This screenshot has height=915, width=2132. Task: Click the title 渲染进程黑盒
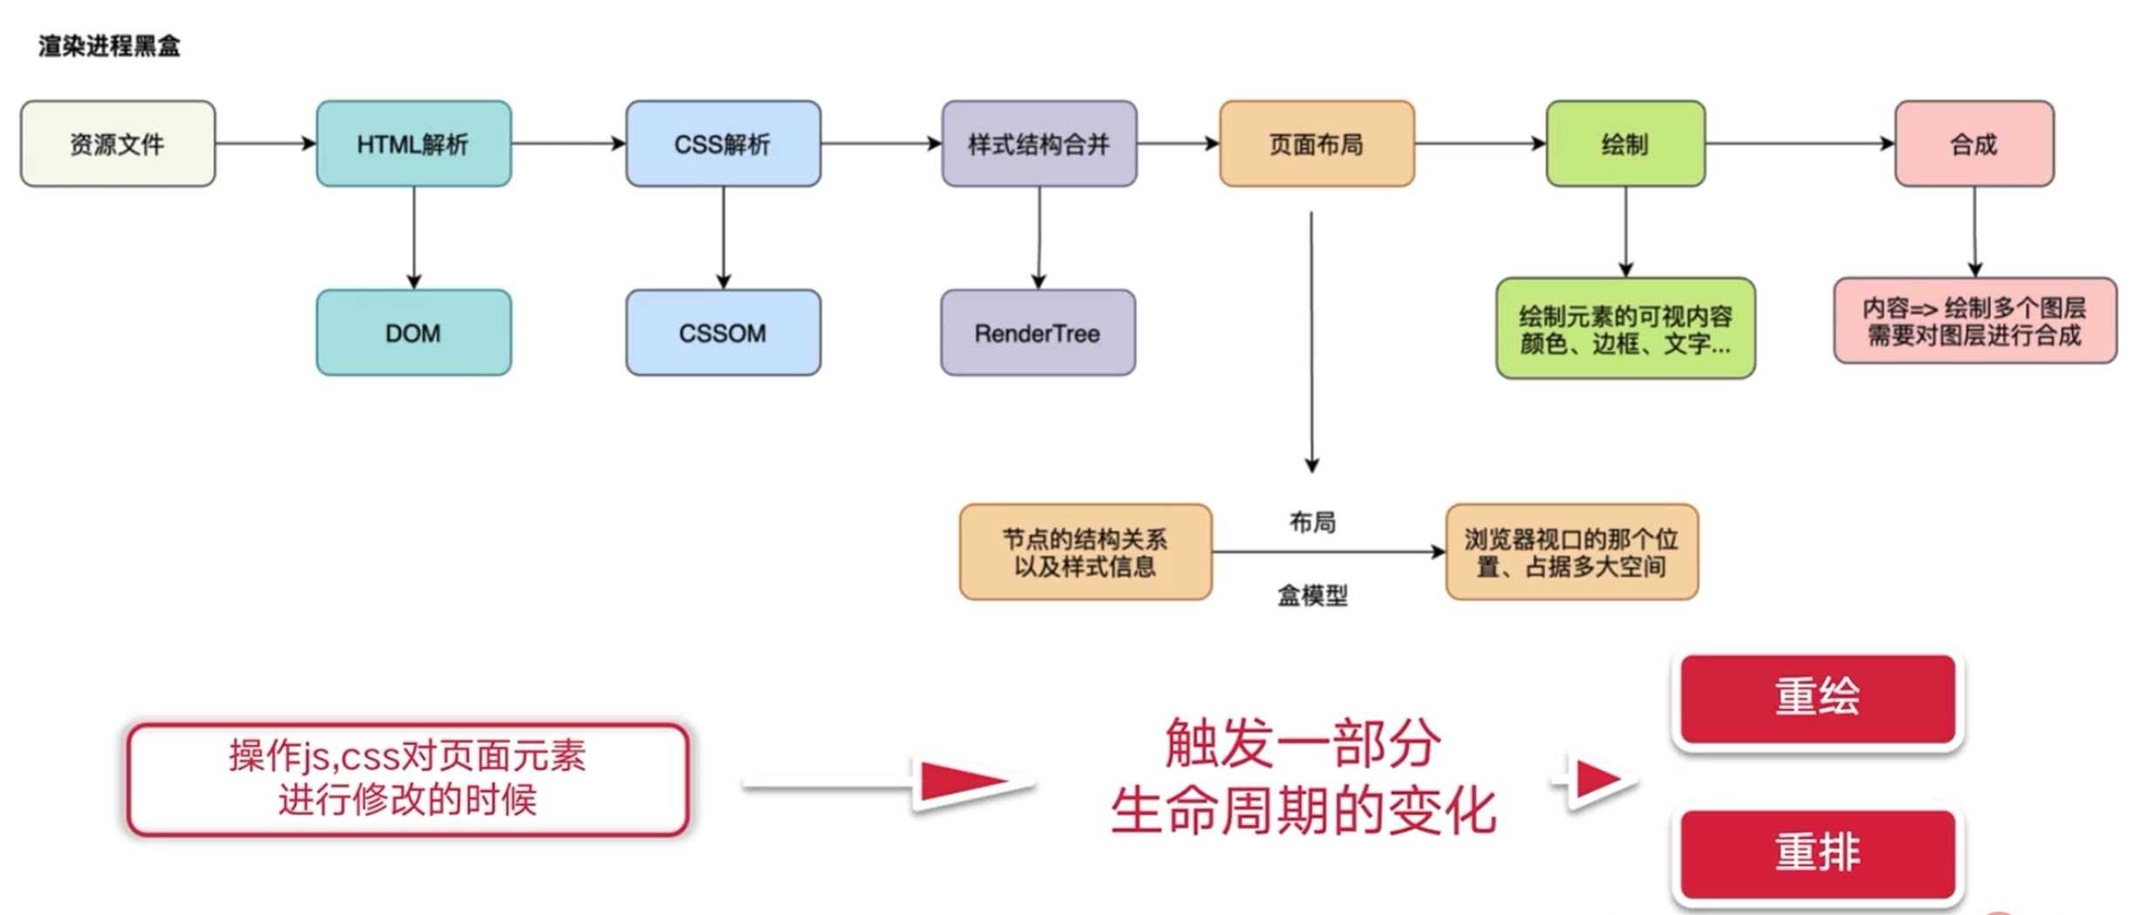109,46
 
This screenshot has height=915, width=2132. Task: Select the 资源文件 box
118,144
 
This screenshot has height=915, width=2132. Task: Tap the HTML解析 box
413,144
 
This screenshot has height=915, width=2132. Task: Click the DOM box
413,333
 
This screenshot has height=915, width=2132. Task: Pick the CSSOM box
722,333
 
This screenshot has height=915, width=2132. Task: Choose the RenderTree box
1038,333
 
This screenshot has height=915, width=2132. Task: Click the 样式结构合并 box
1039,144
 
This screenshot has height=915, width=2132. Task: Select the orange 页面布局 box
1316,144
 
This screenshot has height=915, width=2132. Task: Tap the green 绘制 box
1625,144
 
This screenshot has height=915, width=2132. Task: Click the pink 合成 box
1973,144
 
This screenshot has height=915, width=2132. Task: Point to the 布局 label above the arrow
1312,522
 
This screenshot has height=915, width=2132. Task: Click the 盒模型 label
1312,596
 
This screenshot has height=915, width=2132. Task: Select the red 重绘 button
1817,698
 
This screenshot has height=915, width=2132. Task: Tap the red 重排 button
1817,852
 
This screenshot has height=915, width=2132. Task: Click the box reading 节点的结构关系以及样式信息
1085,552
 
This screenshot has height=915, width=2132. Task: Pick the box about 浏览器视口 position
1571,552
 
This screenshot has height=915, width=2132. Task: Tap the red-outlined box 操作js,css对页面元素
407,778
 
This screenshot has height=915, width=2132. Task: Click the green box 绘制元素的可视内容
1625,329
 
